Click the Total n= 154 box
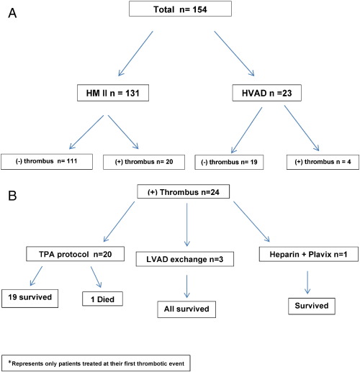[180, 9]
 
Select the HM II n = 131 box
[113, 93]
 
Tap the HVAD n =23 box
[266, 93]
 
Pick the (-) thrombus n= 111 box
[47, 162]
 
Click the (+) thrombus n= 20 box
[144, 162]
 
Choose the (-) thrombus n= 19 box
[229, 162]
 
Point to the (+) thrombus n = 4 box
[323, 162]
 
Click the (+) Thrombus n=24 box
[183, 191]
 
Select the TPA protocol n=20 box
[75, 254]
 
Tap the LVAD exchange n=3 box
[185, 259]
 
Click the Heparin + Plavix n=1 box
[309, 254]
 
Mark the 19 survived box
[30, 299]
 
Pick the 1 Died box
[102, 299]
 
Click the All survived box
[186, 309]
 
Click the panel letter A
[12, 13]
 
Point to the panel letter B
[12, 196]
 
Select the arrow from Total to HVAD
[234, 53]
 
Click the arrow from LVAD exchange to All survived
[186, 286]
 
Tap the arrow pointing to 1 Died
[96, 277]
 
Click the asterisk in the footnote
[10, 362]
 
